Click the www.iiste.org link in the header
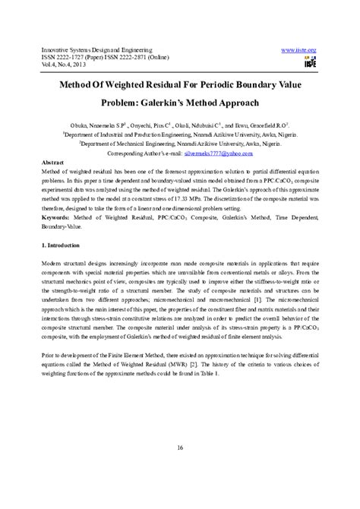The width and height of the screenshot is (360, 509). [x=298, y=49]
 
